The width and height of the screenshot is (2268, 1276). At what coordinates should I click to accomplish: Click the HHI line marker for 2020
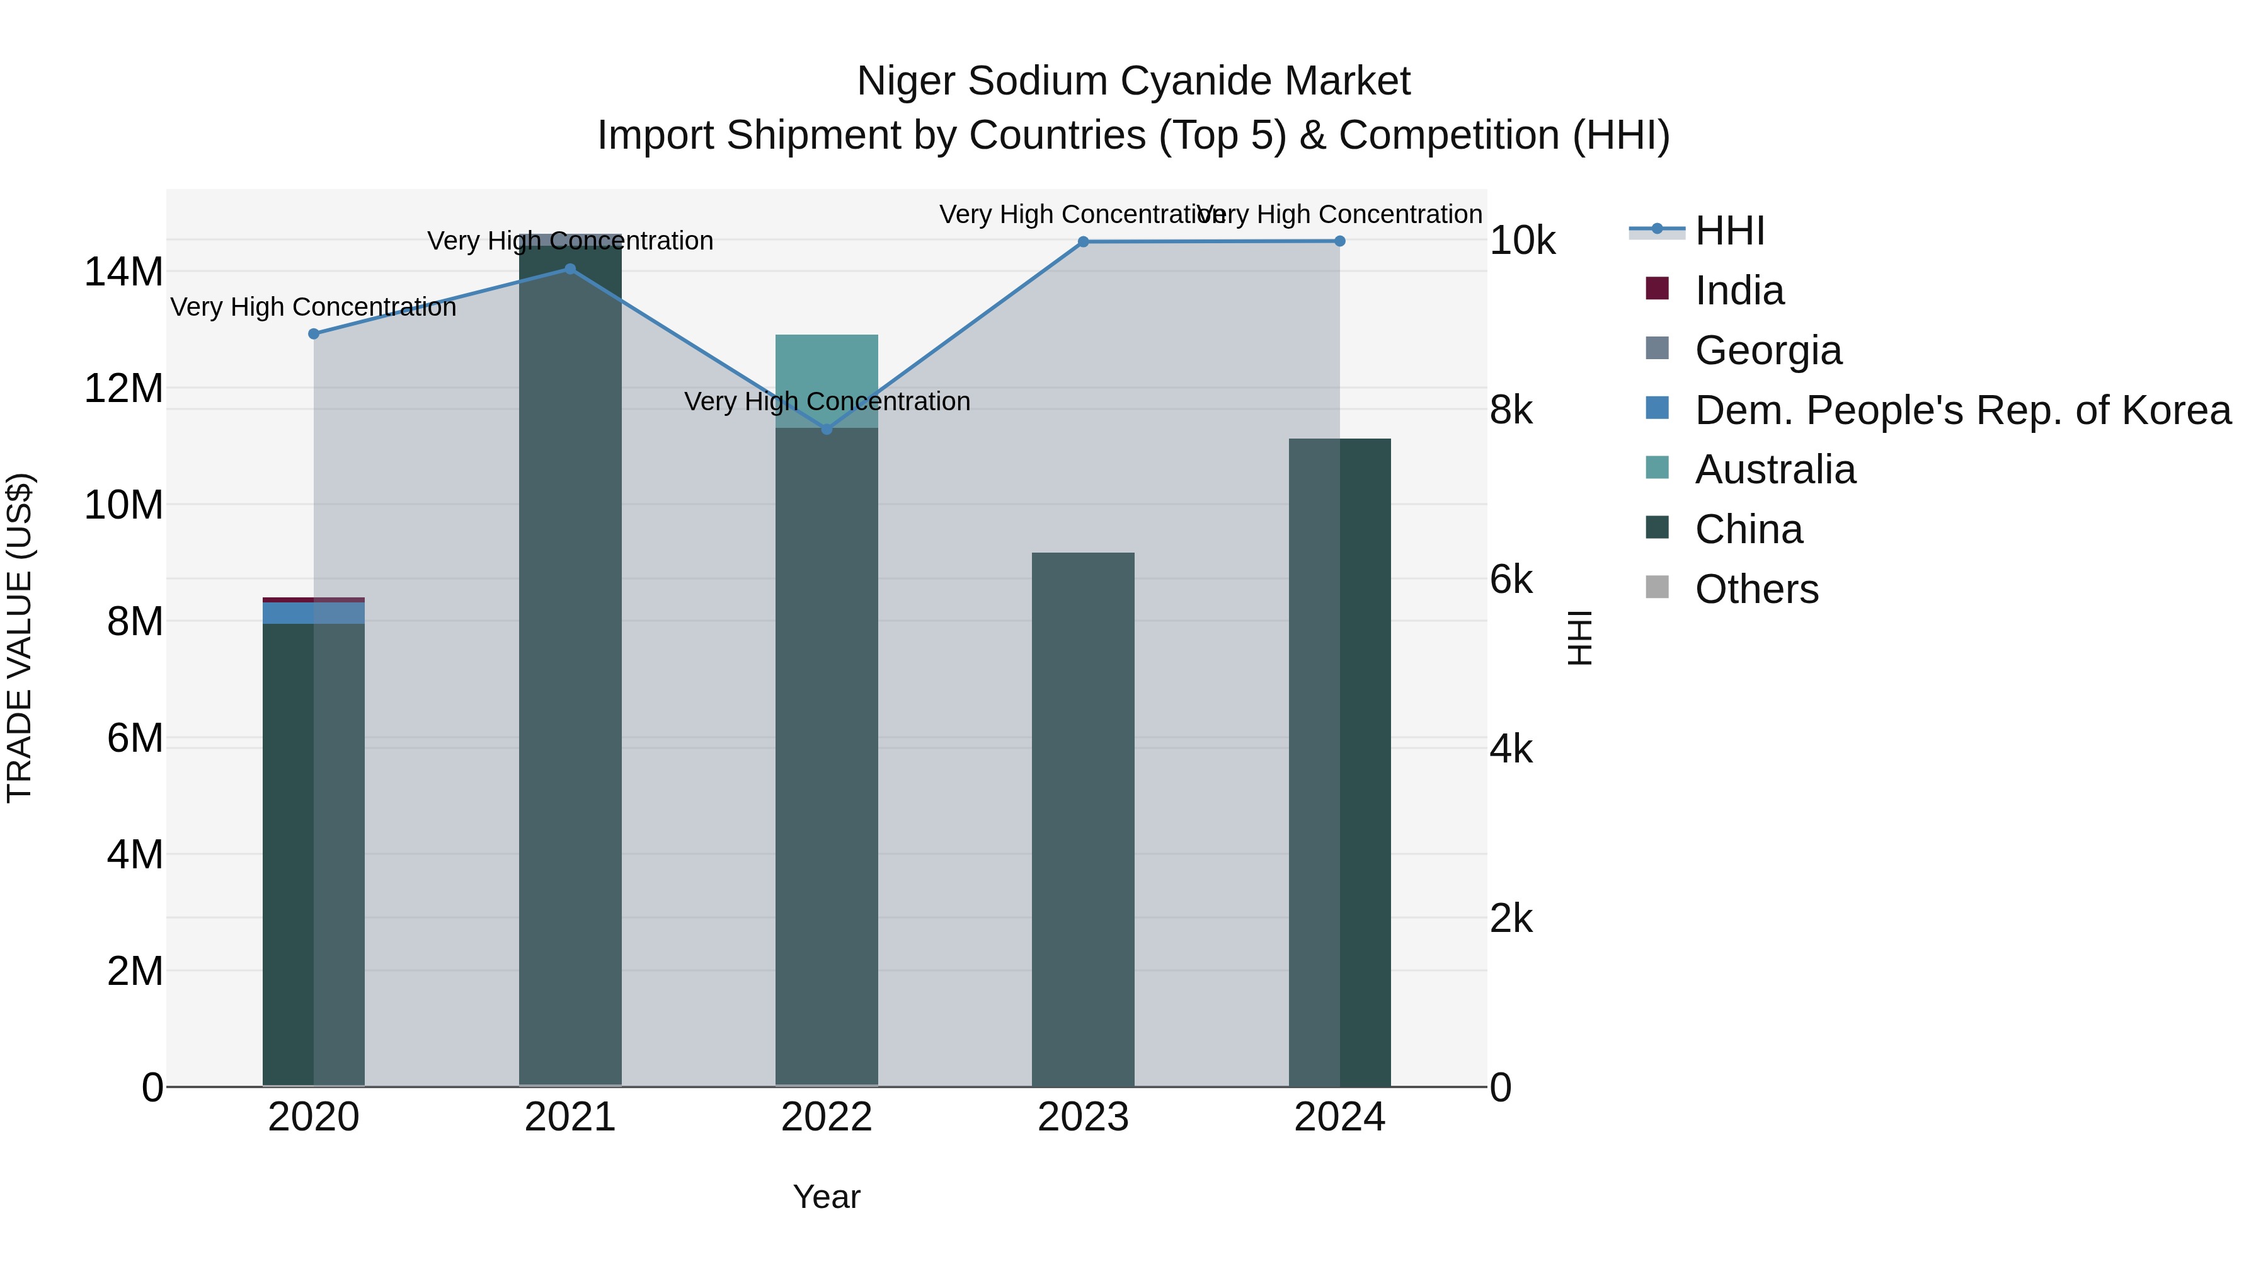pos(314,334)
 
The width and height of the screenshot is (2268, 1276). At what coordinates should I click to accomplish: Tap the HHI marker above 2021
pos(570,270)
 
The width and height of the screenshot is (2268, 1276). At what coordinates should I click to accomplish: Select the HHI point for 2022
pos(827,429)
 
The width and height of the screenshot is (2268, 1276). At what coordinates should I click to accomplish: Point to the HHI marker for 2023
pos(1083,242)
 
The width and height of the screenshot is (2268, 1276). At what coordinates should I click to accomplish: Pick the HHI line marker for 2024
pos(1340,241)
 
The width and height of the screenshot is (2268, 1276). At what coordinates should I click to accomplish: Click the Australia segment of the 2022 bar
pos(827,370)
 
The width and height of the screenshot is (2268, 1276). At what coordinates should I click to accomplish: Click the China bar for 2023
pos(1083,819)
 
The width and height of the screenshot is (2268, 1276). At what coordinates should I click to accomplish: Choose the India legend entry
pos(1739,290)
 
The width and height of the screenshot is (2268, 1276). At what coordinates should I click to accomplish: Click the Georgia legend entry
pos(1767,350)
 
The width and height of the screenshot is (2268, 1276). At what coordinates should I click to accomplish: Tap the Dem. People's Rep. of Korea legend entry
pos(1962,410)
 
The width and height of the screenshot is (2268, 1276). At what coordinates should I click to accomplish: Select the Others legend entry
pos(1756,589)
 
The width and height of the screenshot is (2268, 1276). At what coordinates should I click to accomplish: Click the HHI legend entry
pos(1729,231)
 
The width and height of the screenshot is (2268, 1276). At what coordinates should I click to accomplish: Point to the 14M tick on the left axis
pos(123,272)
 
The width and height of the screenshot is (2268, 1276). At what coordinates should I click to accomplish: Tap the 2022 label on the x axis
pos(827,1117)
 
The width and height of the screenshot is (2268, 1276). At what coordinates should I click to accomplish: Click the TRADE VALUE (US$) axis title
pos(20,638)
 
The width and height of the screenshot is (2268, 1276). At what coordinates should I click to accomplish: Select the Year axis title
pos(827,1197)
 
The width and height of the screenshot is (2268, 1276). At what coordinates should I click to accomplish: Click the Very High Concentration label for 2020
pos(314,308)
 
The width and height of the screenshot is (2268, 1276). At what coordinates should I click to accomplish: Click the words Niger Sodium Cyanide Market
pos(1133,81)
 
